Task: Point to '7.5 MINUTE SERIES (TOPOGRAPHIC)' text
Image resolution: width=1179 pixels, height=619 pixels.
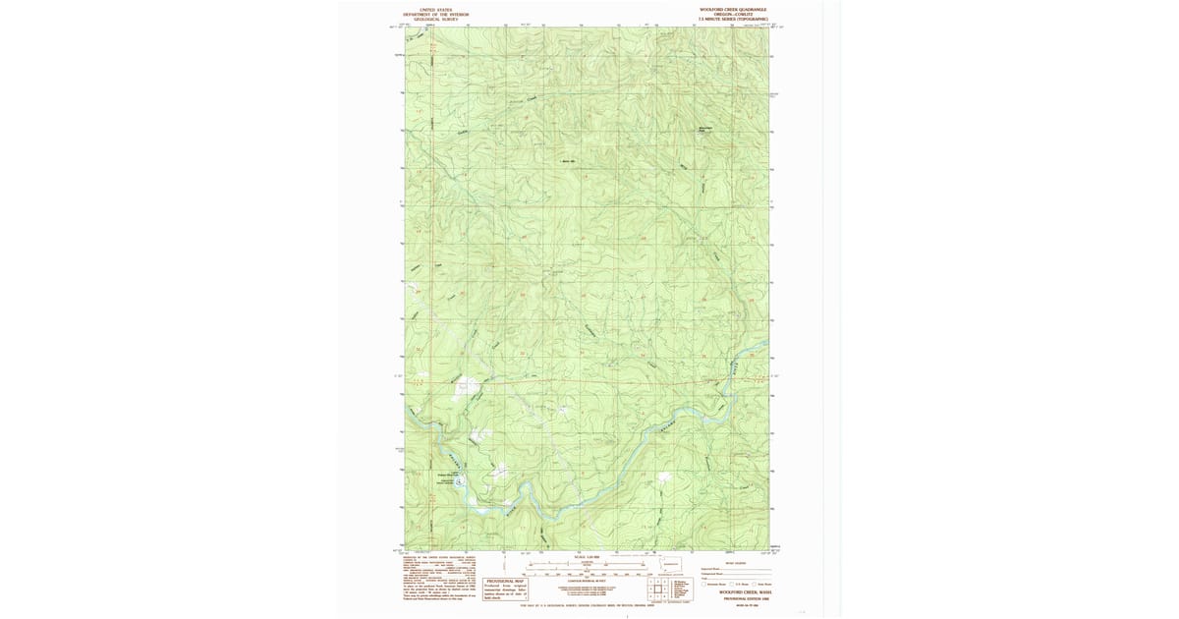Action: tap(726, 19)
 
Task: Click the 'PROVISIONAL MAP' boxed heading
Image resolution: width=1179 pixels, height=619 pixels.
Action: tap(505, 581)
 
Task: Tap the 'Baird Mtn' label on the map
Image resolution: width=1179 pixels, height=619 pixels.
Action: tap(567, 161)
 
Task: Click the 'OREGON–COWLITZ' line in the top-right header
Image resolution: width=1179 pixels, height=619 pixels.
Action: tap(726, 14)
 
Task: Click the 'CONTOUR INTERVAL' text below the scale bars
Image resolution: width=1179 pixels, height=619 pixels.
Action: tap(586, 579)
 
